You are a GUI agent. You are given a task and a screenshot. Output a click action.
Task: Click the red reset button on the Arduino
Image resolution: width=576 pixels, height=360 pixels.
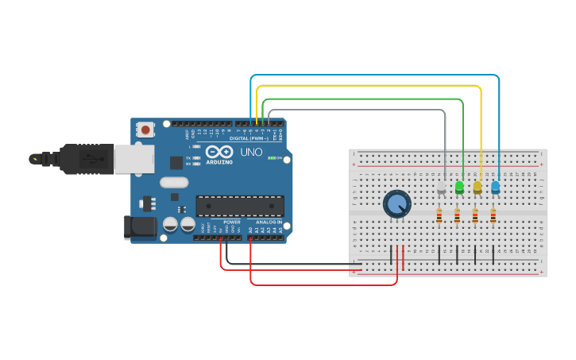[146, 130]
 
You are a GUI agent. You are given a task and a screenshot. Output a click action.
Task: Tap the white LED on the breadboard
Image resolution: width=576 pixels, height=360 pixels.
[442, 188]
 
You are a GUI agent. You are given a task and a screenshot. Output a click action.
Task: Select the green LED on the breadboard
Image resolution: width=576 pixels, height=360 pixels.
[459, 188]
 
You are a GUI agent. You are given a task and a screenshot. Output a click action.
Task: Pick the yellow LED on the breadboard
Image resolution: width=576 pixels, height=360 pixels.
[477, 188]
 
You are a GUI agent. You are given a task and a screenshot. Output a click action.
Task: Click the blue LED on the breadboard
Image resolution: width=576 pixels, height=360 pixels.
[496, 188]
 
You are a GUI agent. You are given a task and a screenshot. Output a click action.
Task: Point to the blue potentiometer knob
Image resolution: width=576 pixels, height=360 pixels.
[396, 204]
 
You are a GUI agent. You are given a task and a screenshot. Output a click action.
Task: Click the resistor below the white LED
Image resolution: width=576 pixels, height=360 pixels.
[439, 216]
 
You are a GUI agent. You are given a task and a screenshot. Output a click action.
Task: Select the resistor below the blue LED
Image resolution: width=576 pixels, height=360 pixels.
[493, 216]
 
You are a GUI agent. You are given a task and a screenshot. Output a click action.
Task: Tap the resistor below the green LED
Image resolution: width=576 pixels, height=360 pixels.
[457, 216]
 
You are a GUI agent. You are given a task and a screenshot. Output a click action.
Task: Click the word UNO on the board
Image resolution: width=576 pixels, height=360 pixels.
[251, 152]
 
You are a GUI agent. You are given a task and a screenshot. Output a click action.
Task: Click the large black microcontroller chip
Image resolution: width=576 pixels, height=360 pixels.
[240, 206]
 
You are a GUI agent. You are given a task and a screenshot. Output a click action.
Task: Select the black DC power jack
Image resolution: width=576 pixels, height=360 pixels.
[141, 227]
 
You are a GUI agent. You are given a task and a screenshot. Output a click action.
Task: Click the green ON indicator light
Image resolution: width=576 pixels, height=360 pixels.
[272, 158]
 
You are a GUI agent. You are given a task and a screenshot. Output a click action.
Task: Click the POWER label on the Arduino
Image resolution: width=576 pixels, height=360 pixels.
[232, 222]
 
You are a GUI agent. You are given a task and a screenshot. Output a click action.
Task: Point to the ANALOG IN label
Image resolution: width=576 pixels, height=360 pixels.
[269, 222]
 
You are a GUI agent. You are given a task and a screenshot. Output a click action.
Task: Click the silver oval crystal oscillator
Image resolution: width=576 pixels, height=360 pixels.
[174, 182]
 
